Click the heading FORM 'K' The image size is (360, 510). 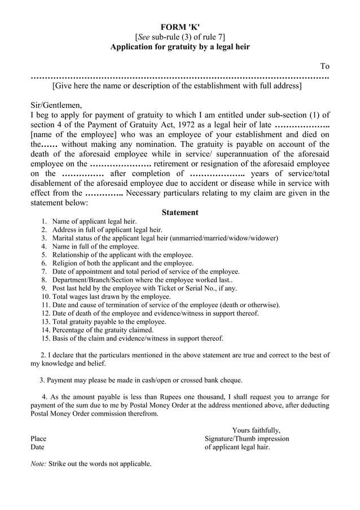coord(180,27)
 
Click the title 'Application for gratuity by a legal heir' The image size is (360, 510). coord(180,47)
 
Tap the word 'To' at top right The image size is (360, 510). coord(324,66)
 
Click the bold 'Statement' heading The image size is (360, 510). coord(180,212)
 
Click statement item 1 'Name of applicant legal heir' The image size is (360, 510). coord(94,222)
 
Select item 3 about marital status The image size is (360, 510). coord(165,238)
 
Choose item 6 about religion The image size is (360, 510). coord(122,263)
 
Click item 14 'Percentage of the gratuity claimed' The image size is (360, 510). coord(103,330)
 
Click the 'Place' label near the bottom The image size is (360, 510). coord(38,438)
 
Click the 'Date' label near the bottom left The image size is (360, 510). coord(37,447)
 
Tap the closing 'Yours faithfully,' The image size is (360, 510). coord(256,430)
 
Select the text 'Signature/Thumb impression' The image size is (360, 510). coord(247,438)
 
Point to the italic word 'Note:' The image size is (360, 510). coord(38,464)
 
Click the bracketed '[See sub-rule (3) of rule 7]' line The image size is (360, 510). coord(180,37)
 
